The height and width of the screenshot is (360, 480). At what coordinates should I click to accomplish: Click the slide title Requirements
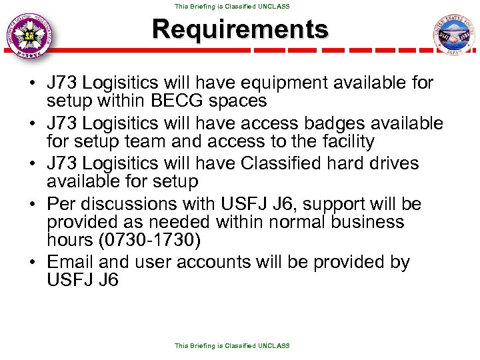point(240,29)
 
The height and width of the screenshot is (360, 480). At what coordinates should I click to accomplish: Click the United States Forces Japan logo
point(453,35)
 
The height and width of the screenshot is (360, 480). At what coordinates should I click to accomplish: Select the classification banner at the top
point(232,6)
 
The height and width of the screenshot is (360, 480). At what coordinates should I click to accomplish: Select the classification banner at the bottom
point(232,346)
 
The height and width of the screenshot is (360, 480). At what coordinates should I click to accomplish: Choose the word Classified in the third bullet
point(305,163)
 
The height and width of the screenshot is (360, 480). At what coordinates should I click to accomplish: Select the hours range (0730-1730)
point(121,239)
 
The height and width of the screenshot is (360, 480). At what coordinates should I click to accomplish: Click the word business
point(365,221)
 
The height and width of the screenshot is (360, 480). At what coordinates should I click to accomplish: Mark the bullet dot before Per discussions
point(31,203)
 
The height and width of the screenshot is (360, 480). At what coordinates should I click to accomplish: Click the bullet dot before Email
point(31,262)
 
